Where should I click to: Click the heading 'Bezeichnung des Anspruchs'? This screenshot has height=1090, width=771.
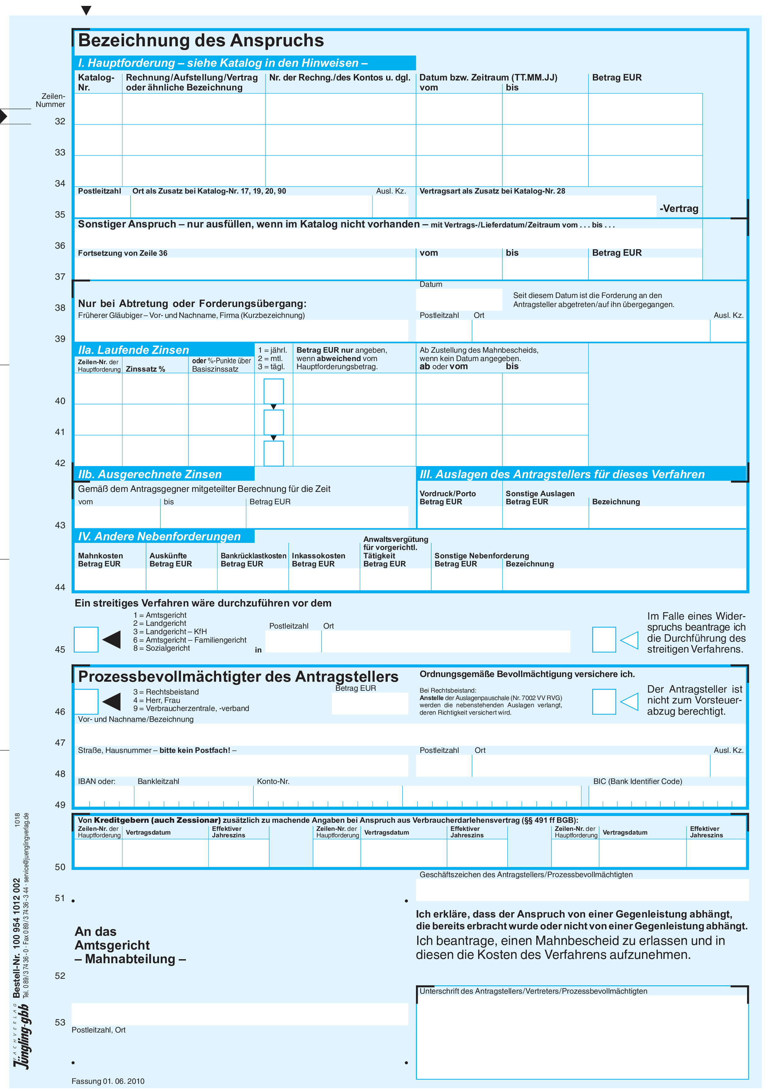pyautogui.click(x=201, y=41)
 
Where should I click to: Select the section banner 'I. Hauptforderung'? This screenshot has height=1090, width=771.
pyautogui.click(x=222, y=63)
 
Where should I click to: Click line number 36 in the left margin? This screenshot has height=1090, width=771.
pyautogui.click(x=60, y=245)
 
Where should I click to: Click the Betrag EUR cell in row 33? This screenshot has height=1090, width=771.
pyautogui.click(x=645, y=140)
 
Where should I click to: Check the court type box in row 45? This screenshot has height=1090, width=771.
pyautogui.click(x=86, y=639)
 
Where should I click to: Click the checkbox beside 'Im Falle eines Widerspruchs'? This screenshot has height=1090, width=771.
pyautogui.click(x=604, y=639)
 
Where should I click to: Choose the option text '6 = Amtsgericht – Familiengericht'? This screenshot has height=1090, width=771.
pyautogui.click(x=190, y=640)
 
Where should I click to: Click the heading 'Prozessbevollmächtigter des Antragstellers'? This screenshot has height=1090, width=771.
pyautogui.click(x=238, y=676)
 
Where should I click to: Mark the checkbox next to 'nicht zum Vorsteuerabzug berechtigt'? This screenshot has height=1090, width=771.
pyautogui.click(x=604, y=702)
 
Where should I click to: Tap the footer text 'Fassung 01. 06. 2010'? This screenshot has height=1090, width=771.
pyautogui.click(x=108, y=1081)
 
